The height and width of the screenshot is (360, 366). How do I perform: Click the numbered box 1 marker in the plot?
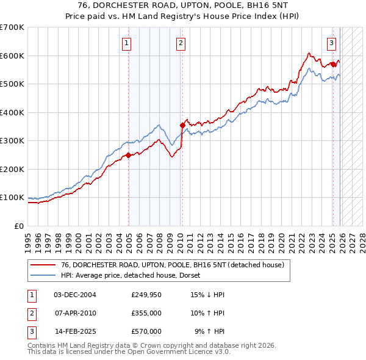click(126, 43)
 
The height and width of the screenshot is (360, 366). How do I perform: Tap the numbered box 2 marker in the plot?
click(182, 43)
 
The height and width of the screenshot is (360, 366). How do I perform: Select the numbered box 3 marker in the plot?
click(331, 43)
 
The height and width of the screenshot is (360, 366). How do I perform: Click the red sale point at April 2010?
click(182, 125)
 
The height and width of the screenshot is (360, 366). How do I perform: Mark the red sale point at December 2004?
click(129, 155)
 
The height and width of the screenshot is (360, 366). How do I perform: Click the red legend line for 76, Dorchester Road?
click(43, 265)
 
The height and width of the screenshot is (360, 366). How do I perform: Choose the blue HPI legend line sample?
click(43, 275)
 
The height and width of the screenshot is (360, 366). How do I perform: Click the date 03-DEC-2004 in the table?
click(75, 295)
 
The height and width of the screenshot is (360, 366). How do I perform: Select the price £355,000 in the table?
click(146, 313)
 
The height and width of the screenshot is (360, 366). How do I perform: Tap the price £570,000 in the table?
click(146, 331)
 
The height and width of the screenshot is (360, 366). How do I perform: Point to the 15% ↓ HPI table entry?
click(208, 295)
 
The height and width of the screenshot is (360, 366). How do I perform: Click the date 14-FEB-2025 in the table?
click(75, 331)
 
